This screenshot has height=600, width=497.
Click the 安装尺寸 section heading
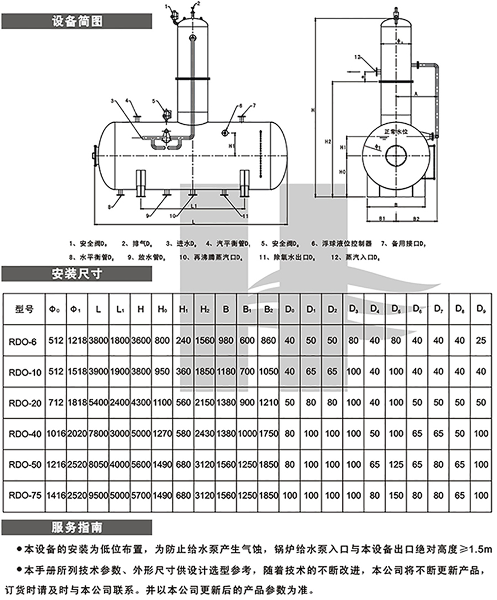(x=76, y=273)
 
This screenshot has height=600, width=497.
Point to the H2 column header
(x=205, y=309)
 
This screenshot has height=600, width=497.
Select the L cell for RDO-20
(x=98, y=403)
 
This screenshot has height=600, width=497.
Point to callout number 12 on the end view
(x=357, y=57)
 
